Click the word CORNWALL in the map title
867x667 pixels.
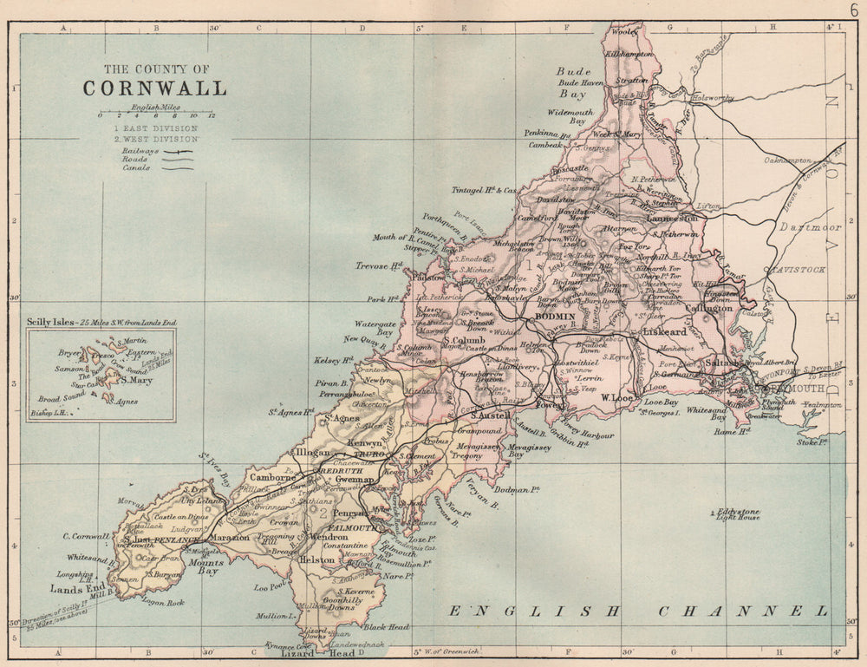point(154,88)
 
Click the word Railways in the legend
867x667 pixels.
point(140,150)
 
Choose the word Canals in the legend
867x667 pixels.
point(136,167)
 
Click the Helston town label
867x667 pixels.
point(316,560)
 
